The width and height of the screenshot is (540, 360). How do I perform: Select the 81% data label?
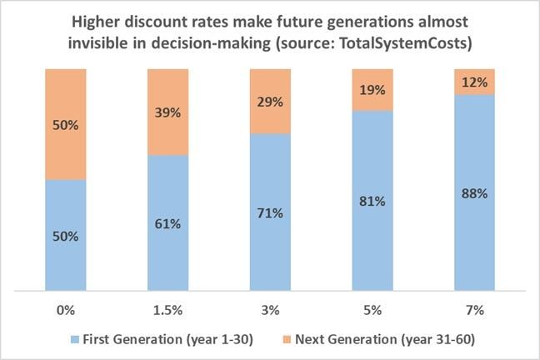pyautogui.click(x=372, y=201)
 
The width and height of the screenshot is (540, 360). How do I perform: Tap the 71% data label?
pyautogui.click(x=271, y=213)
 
